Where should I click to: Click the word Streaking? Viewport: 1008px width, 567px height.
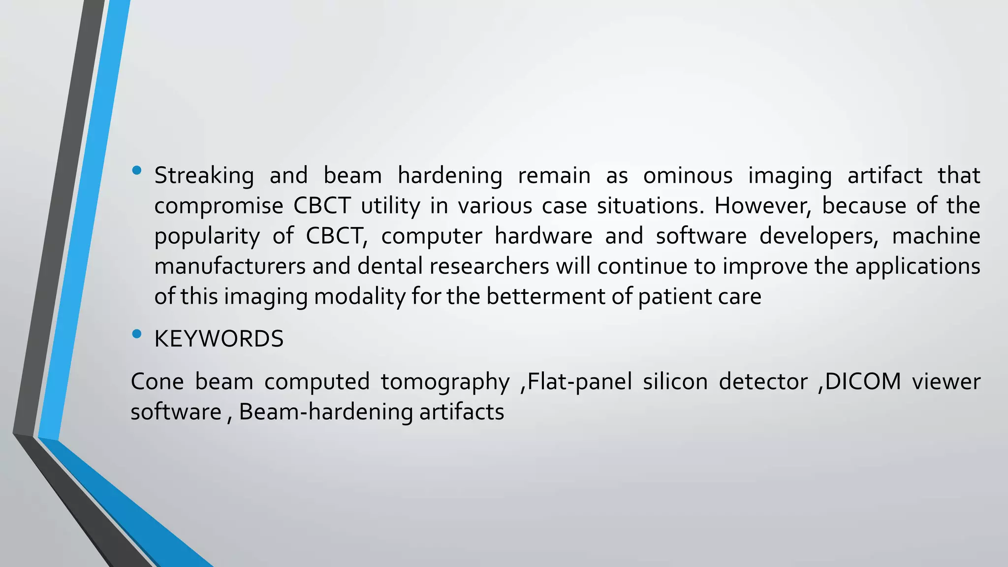pos(204,176)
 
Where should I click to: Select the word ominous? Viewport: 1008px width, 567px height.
pos(688,176)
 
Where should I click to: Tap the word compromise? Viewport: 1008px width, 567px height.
pos(219,206)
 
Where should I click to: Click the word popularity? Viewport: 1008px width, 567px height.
pos(207,236)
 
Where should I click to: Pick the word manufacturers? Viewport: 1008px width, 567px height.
pos(230,266)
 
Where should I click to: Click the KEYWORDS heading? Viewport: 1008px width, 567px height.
pos(219,339)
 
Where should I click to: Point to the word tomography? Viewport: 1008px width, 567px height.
pos(445,382)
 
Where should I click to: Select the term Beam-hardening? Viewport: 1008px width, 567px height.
pos(325,412)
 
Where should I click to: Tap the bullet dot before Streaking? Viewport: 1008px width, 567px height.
pos(137,171)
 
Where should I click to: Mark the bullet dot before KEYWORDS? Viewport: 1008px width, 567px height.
pos(137,334)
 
